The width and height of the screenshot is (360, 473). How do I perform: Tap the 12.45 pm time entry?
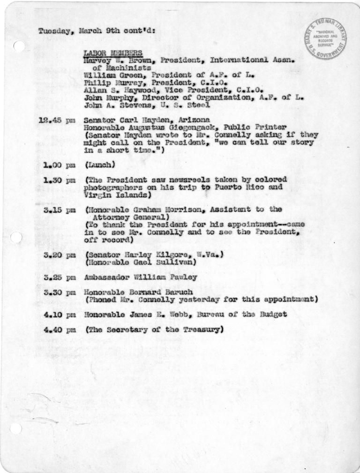(x=57, y=120)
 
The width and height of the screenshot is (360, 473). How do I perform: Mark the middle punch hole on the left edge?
(x=15, y=238)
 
